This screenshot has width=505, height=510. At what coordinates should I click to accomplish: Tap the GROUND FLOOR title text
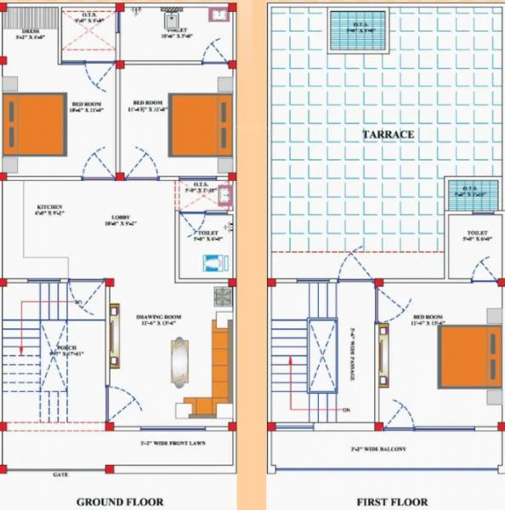120,501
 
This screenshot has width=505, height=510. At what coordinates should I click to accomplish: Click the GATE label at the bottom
60,474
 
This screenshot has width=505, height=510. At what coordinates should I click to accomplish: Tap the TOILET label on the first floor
476,235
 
